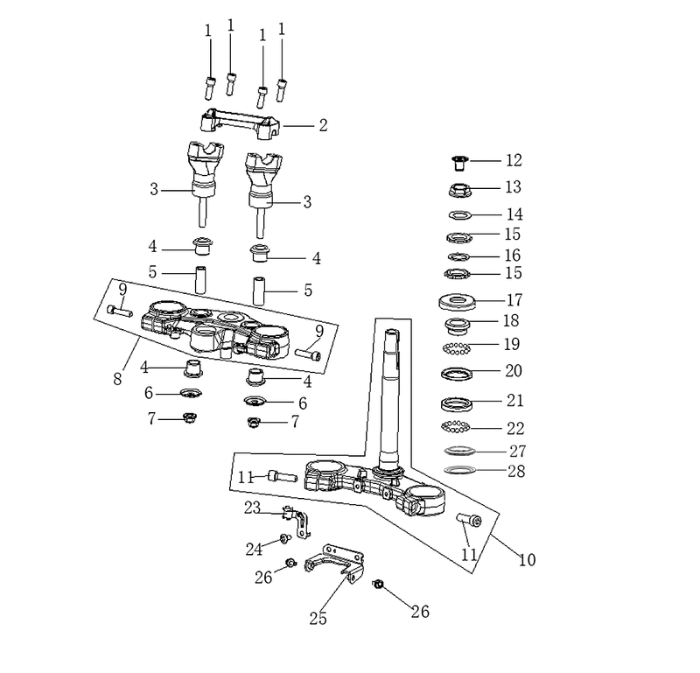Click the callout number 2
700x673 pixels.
[323, 125]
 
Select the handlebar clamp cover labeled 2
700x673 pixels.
[240, 120]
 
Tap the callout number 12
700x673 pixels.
[514, 160]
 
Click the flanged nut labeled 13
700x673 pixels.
[460, 190]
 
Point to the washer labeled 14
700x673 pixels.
[460, 215]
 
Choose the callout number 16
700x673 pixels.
[513, 256]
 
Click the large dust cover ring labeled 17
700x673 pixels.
[457, 302]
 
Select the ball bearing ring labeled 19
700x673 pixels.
[456, 348]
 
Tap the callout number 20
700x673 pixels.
[514, 371]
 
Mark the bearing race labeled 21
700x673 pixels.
[458, 404]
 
